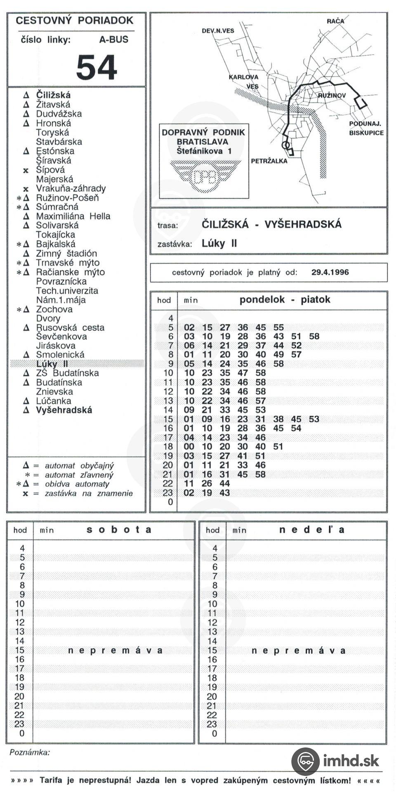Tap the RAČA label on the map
click(x=335, y=21)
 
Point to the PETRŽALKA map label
click(x=269, y=161)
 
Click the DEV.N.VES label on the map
click(x=218, y=31)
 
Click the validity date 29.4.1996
click(x=330, y=272)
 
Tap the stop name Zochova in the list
click(x=54, y=309)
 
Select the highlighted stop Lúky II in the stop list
click(x=52, y=364)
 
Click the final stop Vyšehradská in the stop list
click(x=64, y=410)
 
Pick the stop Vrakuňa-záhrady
click(x=71, y=189)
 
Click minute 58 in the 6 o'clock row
click(x=314, y=337)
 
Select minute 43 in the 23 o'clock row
click(x=225, y=493)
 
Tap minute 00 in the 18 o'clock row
click(x=189, y=447)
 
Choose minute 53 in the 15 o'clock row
click(x=314, y=419)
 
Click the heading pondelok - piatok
click(x=285, y=299)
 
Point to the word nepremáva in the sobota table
click(x=115, y=651)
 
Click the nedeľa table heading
click(x=311, y=530)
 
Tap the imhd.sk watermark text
click(x=351, y=761)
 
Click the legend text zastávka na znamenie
click(x=89, y=493)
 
